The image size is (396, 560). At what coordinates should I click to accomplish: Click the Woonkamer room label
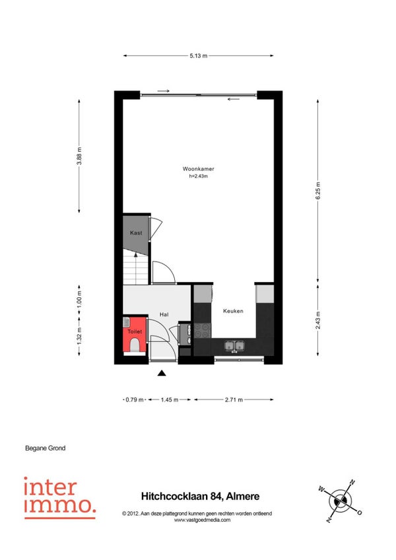[198, 169]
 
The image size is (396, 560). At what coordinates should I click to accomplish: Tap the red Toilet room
[135, 335]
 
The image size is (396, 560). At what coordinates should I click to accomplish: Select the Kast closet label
[136, 233]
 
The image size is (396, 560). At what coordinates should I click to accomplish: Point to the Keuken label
[233, 311]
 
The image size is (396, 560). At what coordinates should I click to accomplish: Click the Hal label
[164, 314]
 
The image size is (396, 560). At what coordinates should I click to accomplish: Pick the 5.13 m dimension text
[199, 55]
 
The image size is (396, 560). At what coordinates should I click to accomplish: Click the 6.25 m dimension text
[318, 191]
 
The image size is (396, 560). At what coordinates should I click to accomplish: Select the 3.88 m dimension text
[79, 156]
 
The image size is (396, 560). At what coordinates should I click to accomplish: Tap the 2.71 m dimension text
[234, 400]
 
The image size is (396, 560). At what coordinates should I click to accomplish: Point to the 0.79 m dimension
[135, 400]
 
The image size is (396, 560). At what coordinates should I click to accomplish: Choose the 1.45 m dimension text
[169, 400]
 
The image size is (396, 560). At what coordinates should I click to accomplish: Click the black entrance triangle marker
[162, 373]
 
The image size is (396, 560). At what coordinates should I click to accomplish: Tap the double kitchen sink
[234, 346]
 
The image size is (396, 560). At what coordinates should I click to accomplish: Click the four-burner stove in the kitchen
[203, 330]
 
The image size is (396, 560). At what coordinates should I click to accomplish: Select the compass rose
[341, 501]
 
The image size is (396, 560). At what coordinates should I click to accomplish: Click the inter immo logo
[60, 498]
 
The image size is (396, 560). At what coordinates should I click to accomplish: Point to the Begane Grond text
[46, 448]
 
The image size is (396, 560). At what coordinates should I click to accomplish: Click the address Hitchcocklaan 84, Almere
[201, 496]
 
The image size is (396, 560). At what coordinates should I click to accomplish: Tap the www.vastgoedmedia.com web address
[202, 520]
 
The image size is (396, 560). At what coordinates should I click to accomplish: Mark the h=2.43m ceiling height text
[199, 176]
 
